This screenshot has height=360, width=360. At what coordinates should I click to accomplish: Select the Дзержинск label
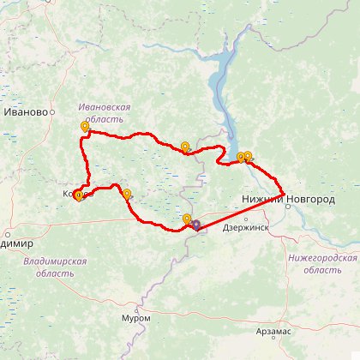coord(244,228)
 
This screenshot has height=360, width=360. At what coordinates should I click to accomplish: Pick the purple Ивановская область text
coord(104,112)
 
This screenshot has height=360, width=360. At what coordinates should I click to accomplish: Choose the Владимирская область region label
coord(55,267)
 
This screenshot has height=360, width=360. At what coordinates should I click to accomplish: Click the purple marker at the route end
coord(196,225)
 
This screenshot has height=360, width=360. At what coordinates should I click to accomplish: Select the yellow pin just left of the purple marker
coord(187,219)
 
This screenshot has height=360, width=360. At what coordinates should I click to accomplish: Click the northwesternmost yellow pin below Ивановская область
coord(85,127)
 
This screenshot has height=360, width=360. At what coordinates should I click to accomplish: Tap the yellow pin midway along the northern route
coord(184,147)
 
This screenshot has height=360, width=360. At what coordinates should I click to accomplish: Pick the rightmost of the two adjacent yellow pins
coord(249,157)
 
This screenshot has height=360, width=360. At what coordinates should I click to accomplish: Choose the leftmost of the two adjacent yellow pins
coord(241,158)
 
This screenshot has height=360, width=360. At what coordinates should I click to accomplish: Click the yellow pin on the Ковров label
coord(78,195)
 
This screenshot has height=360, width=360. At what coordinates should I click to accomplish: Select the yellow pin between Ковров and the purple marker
coord(127,194)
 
